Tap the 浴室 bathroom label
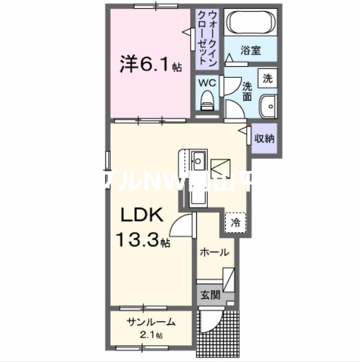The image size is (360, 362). click(x=251, y=51)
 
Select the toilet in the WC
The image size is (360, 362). click(x=207, y=103)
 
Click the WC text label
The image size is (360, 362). click(x=207, y=83)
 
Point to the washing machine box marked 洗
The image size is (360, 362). click(x=268, y=78)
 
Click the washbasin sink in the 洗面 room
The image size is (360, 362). click(x=268, y=107)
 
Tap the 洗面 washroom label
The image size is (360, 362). click(x=247, y=91)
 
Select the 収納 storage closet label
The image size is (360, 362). click(x=265, y=139)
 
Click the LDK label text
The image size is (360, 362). click(x=144, y=216)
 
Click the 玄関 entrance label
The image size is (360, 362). click(x=211, y=295)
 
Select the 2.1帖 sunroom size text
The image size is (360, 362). click(x=151, y=335)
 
